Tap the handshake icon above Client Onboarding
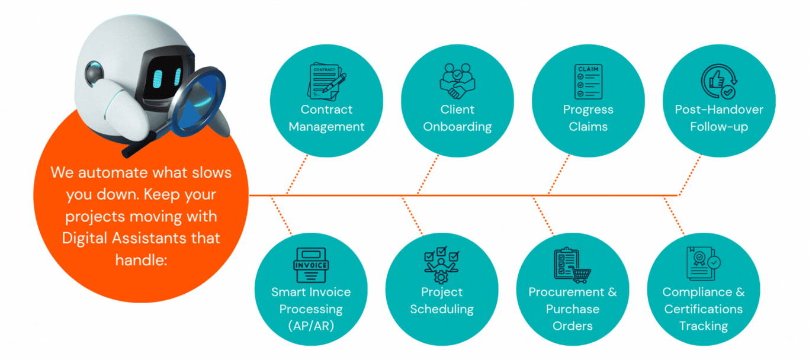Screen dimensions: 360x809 [x=457, y=82]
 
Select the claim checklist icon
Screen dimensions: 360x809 [x=588, y=82]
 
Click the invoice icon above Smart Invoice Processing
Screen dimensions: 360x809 [x=311, y=265]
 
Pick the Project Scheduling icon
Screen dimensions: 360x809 [x=441, y=265]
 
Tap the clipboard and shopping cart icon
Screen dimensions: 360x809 [x=572, y=265]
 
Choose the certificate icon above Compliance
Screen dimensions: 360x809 [x=703, y=263]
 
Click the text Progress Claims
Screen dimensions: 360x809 [x=588, y=118]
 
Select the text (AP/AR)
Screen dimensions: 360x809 [x=311, y=326]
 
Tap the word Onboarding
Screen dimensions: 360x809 [x=457, y=127]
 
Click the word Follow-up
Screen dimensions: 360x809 [x=719, y=127]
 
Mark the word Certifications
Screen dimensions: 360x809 [x=703, y=309]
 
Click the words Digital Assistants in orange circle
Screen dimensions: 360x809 [x=141, y=239]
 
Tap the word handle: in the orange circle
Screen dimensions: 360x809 [x=141, y=260]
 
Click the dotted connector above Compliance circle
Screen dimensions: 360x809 [x=674, y=216]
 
